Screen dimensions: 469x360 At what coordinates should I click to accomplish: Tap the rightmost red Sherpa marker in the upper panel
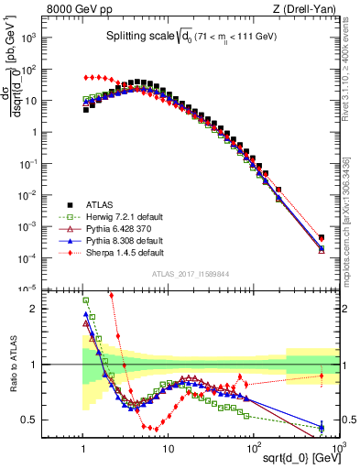(321, 237)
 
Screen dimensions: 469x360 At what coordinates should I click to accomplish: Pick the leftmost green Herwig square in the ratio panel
(85, 300)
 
